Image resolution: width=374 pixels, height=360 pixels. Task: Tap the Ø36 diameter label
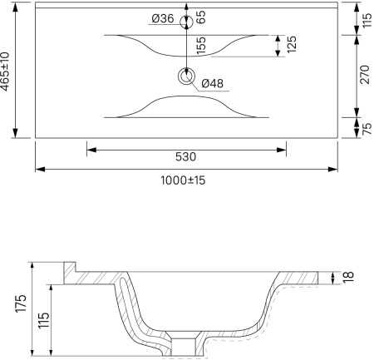(x=163, y=18)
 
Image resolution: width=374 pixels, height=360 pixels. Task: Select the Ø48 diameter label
(x=213, y=83)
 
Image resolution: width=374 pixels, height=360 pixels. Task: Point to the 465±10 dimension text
(x=5, y=72)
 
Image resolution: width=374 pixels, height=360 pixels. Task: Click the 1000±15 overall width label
(x=183, y=180)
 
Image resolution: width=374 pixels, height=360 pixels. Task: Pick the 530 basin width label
(x=185, y=157)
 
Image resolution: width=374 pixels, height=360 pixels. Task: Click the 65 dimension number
(x=201, y=17)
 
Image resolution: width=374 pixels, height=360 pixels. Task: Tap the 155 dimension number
(x=201, y=46)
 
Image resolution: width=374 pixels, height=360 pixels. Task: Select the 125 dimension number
(x=292, y=44)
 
